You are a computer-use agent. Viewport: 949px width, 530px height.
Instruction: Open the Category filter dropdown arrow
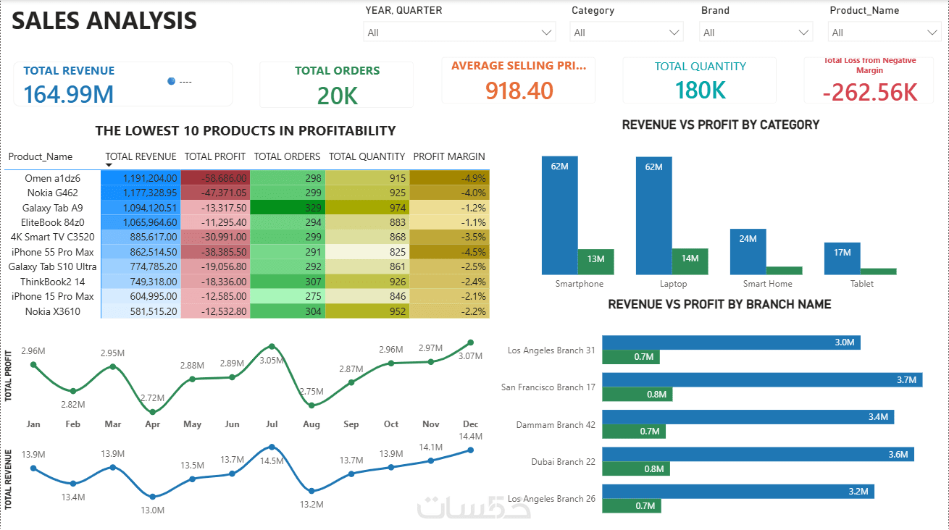(x=674, y=33)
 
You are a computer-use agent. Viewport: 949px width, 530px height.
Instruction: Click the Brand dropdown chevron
(x=803, y=33)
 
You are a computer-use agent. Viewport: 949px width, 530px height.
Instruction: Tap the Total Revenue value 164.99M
(x=69, y=94)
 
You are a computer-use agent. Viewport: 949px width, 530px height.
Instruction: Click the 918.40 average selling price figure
(x=519, y=91)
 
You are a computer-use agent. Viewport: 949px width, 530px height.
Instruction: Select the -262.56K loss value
(x=870, y=92)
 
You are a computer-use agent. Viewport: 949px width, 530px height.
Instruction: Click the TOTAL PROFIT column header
(x=215, y=156)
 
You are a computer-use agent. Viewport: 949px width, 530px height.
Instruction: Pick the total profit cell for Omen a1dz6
(x=216, y=178)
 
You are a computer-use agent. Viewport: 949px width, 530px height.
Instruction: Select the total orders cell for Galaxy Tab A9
(x=288, y=208)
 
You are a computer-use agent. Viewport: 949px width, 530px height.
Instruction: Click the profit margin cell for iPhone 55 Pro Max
(x=449, y=252)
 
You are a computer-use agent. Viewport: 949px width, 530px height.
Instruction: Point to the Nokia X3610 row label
(x=53, y=311)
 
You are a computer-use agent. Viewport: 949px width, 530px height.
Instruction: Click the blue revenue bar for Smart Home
(x=748, y=252)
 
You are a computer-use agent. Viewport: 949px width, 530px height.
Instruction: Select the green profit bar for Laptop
(x=690, y=261)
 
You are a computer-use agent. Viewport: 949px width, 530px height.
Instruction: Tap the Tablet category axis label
(x=862, y=284)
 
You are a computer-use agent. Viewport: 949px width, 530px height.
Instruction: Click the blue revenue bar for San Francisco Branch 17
(x=762, y=379)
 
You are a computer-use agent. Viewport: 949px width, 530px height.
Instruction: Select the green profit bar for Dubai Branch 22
(x=636, y=468)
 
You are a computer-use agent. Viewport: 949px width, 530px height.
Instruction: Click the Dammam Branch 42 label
(x=556, y=424)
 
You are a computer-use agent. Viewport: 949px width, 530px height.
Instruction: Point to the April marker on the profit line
(x=153, y=412)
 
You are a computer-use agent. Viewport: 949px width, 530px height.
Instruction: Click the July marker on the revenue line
(x=272, y=447)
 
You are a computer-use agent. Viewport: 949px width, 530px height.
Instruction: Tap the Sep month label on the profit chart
(x=351, y=424)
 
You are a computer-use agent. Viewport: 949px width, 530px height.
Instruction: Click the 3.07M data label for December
(x=470, y=356)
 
